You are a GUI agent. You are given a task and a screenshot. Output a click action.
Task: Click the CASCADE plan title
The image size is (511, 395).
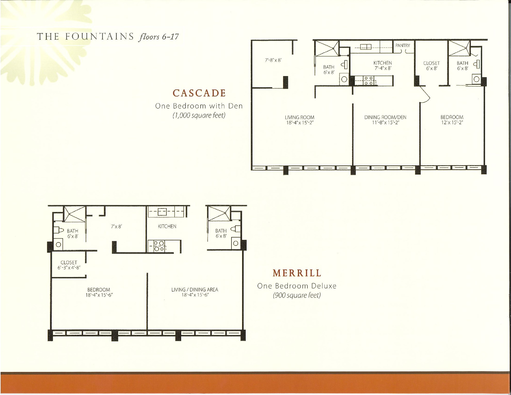coord(199,93)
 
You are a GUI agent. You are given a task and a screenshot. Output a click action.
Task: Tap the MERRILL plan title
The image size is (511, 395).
coord(297,273)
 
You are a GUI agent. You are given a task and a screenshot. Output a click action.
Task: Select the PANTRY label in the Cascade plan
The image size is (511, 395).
coord(403,45)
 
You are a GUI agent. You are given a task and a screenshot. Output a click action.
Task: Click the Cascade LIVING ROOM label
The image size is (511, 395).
coord(300,120)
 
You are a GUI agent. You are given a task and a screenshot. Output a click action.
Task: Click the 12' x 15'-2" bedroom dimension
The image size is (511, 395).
coord(452,123)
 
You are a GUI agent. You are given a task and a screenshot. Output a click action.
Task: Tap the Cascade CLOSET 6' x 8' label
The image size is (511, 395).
coord(431,66)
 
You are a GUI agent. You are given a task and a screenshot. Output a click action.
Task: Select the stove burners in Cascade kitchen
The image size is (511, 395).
coord(368,81)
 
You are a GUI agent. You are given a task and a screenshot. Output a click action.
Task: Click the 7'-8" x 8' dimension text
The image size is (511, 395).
coord(273,60)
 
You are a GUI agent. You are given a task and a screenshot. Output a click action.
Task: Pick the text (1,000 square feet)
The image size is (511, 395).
coord(199,115)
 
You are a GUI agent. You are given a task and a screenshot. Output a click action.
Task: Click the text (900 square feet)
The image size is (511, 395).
coord(297,295)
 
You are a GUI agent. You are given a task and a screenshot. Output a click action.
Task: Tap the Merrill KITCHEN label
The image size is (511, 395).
coord(167,226)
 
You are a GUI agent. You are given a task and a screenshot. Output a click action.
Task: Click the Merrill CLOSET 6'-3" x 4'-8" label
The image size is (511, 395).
coord(69,265)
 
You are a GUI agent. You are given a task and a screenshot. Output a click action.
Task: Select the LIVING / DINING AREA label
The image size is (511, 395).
coord(195,292)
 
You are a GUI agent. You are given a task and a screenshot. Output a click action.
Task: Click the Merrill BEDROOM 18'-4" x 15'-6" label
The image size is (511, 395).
coord(99,292)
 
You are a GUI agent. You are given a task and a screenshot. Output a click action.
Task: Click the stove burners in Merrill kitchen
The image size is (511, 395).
coord(159,246)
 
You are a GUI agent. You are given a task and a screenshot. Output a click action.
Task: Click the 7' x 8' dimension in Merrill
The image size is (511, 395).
coord(116,226)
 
